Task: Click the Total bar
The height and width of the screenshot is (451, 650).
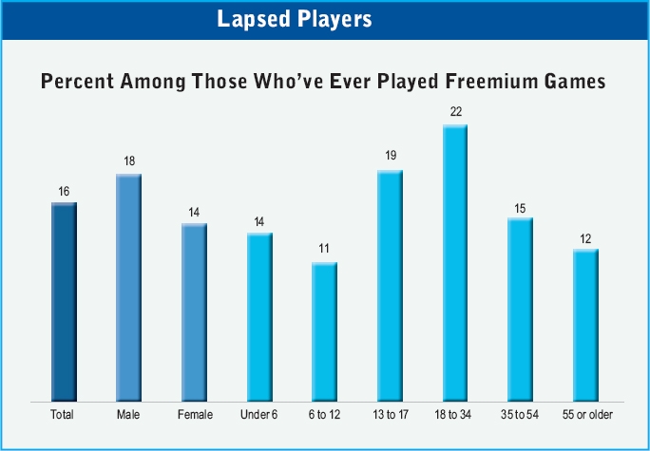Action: [64, 301]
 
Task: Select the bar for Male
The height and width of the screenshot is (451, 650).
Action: [128, 287]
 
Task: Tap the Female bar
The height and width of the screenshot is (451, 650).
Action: [194, 311]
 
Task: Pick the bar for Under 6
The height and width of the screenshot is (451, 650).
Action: [259, 316]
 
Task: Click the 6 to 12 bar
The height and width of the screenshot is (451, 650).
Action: [324, 330]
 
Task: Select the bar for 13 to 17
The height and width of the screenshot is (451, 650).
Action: [390, 285]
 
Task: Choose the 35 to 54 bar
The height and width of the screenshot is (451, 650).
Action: [520, 309]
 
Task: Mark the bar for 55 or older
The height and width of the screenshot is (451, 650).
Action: [585, 325]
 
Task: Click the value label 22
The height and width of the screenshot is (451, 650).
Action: [455, 112]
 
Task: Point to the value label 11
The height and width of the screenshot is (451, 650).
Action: [324, 249]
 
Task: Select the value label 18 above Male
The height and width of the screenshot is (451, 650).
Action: [129, 161]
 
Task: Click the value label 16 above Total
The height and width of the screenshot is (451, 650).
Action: [64, 191]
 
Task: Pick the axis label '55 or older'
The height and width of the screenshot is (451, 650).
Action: [585, 414]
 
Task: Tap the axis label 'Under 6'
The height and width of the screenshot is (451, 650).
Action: [259, 414]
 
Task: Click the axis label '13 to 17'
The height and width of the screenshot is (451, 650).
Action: [390, 414]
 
